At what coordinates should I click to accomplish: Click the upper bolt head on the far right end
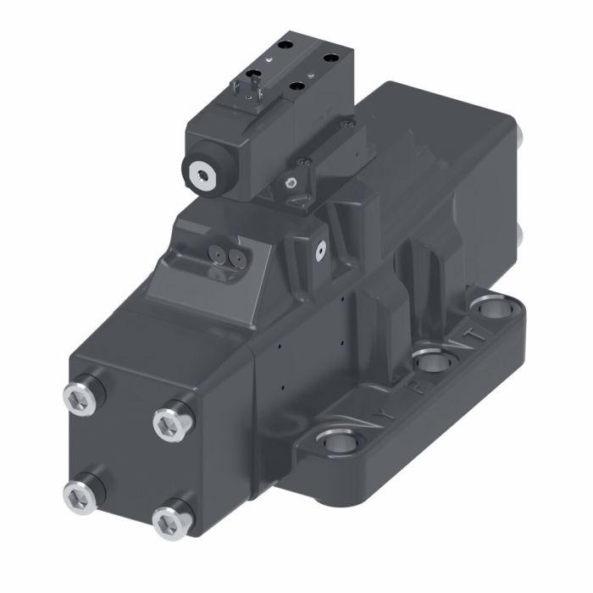[x=520, y=136]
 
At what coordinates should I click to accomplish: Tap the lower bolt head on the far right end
[x=521, y=235]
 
